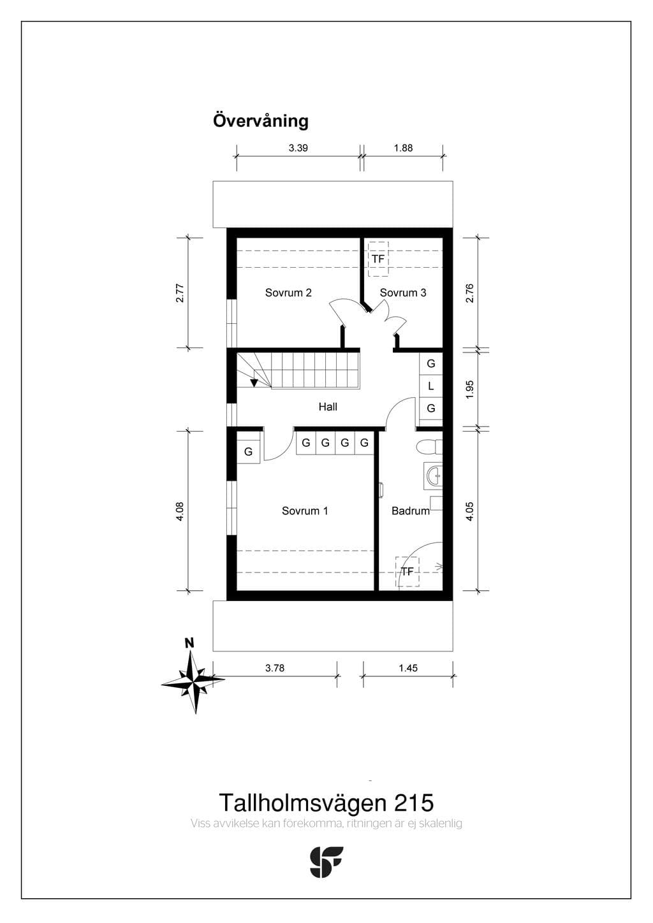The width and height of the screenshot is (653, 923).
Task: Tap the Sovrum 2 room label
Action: (x=288, y=293)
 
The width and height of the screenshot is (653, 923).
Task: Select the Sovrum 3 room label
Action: (x=403, y=293)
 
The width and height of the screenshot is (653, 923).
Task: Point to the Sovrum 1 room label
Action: (x=305, y=511)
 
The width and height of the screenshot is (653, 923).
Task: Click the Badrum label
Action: (x=411, y=511)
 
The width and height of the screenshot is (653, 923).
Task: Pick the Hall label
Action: (x=328, y=407)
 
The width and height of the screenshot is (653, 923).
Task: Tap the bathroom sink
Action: (x=433, y=476)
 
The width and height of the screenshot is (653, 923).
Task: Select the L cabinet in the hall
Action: (x=431, y=386)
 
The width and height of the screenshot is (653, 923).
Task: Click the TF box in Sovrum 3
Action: (x=378, y=259)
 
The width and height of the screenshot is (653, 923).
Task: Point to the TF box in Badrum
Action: (x=407, y=572)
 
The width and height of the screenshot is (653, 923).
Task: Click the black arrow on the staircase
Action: (x=254, y=383)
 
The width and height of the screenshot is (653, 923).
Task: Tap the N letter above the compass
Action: (x=189, y=644)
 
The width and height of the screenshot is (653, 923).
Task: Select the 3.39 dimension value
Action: (x=298, y=148)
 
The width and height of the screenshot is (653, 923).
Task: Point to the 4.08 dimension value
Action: (x=180, y=511)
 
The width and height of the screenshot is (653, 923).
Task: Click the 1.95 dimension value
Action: (x=470, y=389)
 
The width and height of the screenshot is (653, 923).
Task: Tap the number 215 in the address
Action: (x=415, y=803)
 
